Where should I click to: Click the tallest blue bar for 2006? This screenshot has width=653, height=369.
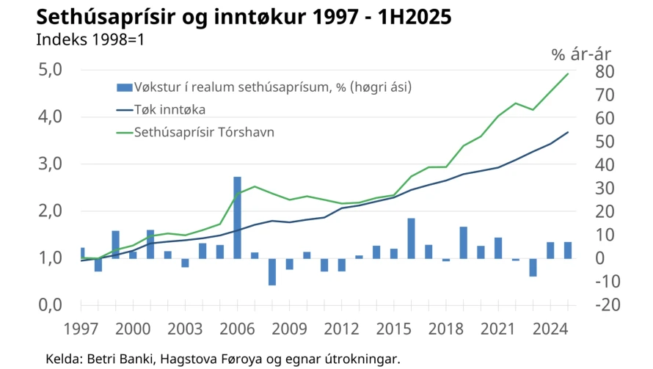(x=237, y=217)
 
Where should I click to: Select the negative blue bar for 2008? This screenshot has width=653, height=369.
(x=272, y=271)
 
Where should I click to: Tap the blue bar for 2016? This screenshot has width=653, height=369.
(x=412, y=238)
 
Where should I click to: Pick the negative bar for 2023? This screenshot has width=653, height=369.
(x=533, y=267)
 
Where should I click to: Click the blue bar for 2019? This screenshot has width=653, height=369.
(x=464, y=242)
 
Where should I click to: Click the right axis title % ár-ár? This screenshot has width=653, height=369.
(x=580, y=54)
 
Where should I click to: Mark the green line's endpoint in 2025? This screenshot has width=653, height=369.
(x=568, y=73)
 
